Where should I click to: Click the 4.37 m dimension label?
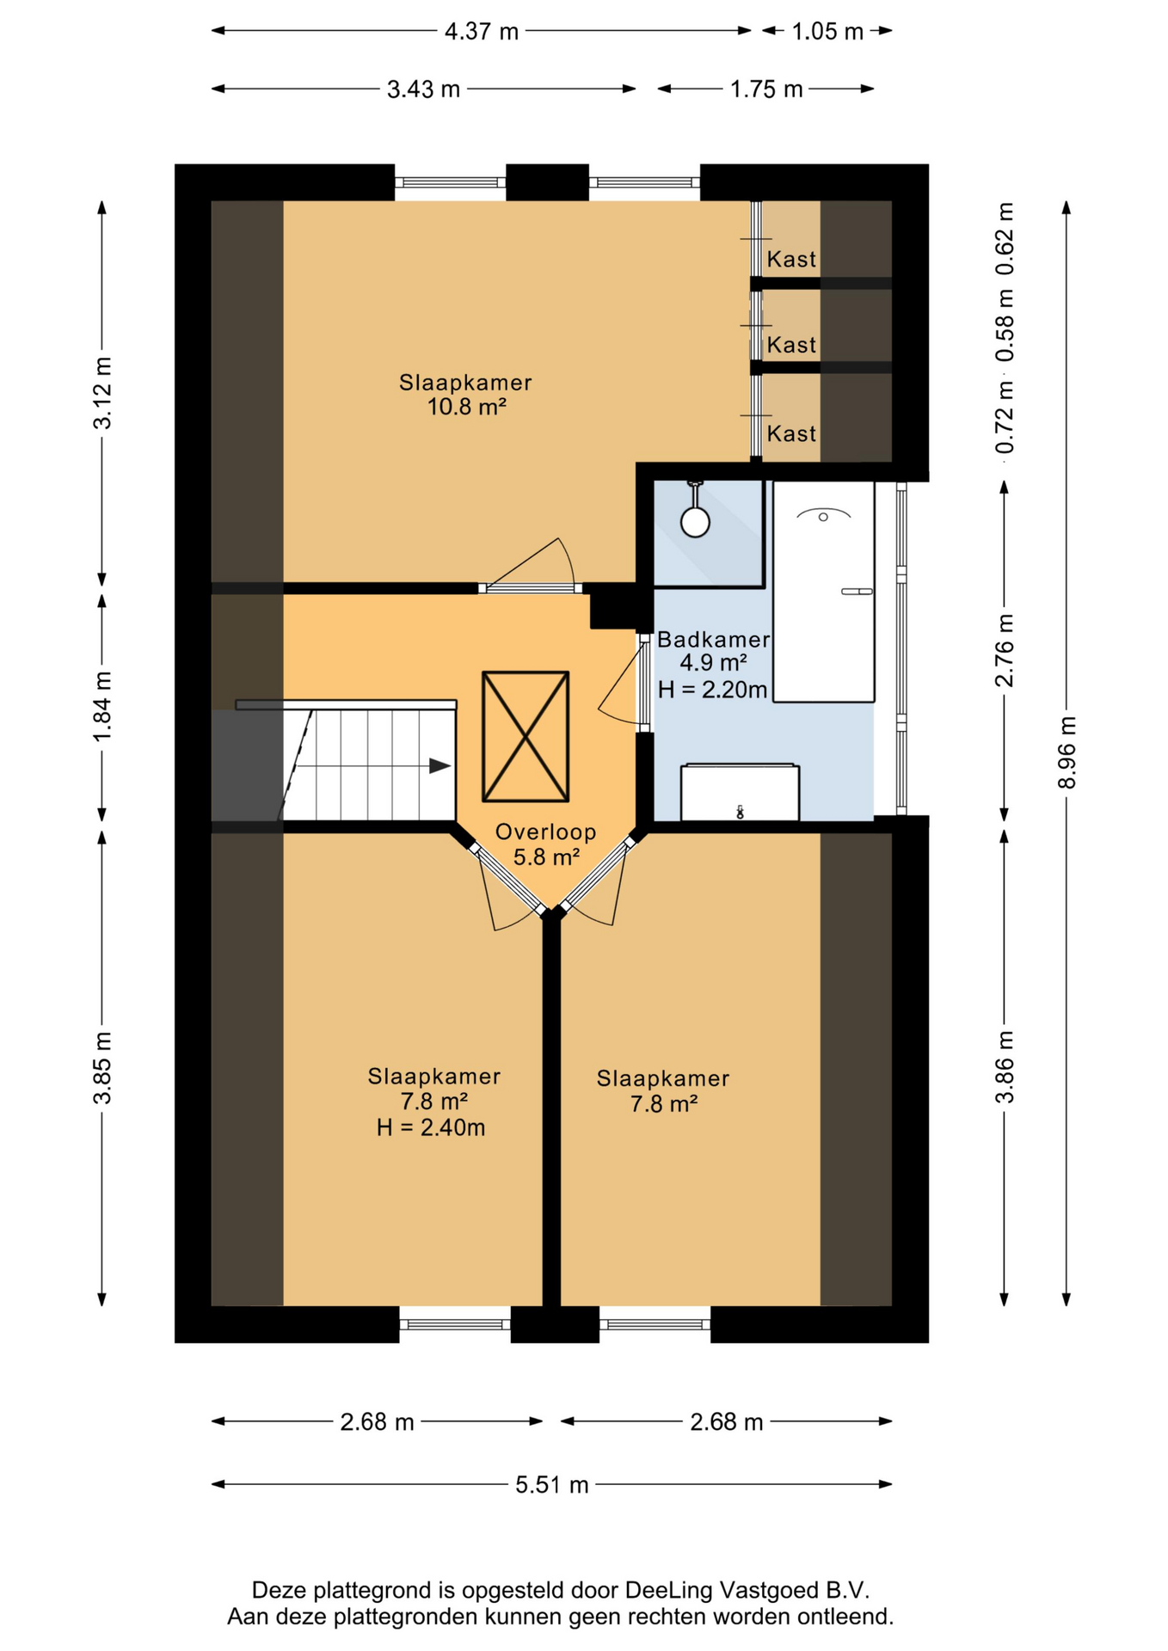tap(482, 32)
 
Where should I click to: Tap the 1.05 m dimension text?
tap(827, 32)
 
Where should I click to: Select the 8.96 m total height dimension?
tap(1067, 752)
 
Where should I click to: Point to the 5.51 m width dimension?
tap(552, 1485)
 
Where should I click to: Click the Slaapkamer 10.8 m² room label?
tap(465, 395)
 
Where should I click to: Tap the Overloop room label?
tap(546, 832)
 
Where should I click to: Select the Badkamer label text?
tap(713, 640)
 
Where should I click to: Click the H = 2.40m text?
tap(431, 1127)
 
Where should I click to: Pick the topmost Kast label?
tap(791, 259)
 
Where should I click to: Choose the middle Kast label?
tap(791, 345)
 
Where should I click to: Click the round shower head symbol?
tap(695, 521)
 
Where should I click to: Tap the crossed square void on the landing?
tap(526, 736)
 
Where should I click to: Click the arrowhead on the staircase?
tap(440, 765)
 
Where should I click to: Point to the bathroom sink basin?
tap(823, 517)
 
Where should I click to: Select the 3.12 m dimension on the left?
tap(102, 393)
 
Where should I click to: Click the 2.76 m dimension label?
tap(1005, 651)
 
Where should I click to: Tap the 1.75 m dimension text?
tap(766, 89)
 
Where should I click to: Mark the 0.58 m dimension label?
tap(1005, 326)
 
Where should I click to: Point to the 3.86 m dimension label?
tap(1005, 1067)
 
